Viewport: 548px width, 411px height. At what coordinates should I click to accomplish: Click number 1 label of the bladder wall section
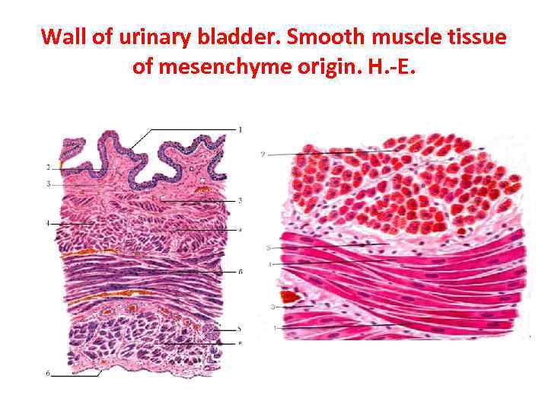click(x=241, y=129)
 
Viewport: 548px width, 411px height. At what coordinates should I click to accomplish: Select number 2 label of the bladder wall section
click(x=48, y=167)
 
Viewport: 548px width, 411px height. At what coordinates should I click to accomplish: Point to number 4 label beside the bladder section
click(x=47, y=224)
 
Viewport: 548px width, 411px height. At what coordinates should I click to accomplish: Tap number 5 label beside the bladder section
click(x=240, y=329)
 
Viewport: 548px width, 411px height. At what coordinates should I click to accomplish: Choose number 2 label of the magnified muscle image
click(x=263, y=155)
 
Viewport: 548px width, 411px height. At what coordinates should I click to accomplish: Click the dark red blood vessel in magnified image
click(x=289, y=295)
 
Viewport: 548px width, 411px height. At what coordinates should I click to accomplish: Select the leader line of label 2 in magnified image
click(x=320, y=154)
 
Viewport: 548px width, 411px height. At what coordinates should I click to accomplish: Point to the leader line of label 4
click(x=72, y=223)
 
